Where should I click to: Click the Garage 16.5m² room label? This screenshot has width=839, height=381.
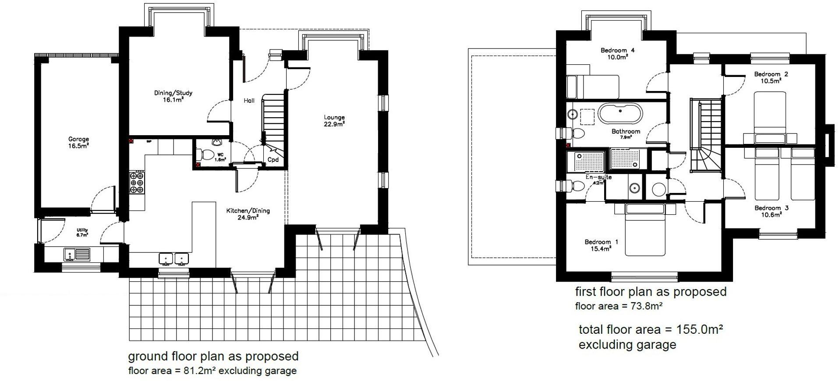pos(78,143)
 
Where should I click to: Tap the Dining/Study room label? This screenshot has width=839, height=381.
pos(173,96)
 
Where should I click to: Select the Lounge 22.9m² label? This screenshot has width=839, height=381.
pos(334,120)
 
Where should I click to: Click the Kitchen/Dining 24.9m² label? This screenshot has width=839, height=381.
pos(248,214)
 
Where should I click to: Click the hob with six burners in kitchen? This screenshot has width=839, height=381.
pos(137,182)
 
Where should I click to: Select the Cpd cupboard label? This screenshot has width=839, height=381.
pos(273,160)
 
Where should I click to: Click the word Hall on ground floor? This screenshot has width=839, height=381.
pos(249,101)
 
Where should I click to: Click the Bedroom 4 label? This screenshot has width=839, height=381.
pos(617,53)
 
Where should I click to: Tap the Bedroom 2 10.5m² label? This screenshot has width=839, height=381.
pos(771,77)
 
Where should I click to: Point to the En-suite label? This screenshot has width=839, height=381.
pos(598,178)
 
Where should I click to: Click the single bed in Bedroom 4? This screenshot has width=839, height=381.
pos(592,87)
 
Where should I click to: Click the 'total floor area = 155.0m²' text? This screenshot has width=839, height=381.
pos(650,329)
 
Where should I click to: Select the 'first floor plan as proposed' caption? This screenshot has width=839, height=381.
pos(650,292)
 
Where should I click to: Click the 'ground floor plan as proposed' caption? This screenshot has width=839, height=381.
pos(213,356)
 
